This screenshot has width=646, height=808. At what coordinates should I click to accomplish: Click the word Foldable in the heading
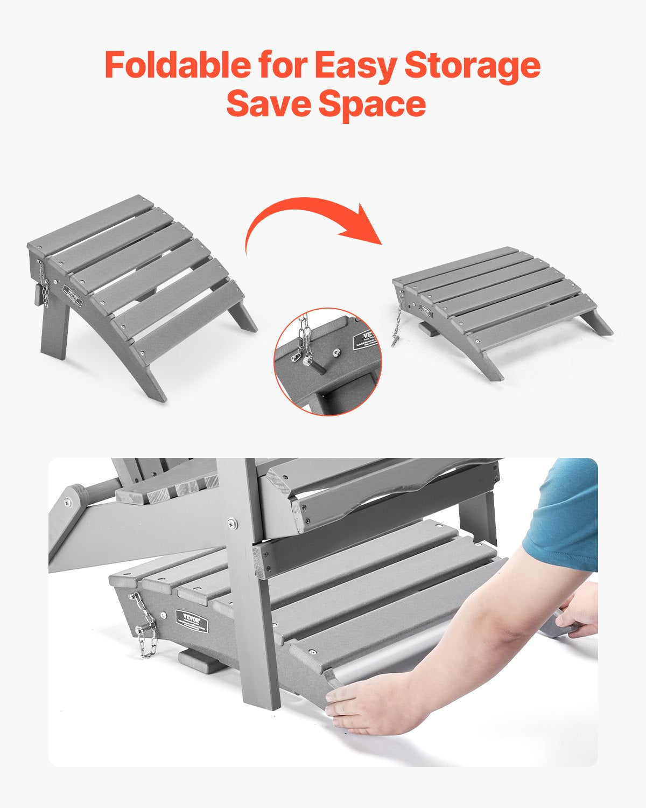pyautogui.click(x=177, y=65)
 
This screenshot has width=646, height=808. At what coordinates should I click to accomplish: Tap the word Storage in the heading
pyautogui.click(x=472, y=65)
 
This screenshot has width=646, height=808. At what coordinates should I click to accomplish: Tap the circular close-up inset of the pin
pyautogui.click(x=327, y=361)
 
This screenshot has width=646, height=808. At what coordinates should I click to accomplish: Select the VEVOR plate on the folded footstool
pyautogui.click(x=426, y=311)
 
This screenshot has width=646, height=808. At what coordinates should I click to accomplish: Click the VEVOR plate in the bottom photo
pyautogui.click(x=192, y=619)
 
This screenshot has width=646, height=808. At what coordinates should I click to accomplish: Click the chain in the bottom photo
pyautogui.click(x=144, y=628)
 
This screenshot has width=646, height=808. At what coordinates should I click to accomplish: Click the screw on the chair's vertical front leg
pyautogui.click(x=231, y=521)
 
